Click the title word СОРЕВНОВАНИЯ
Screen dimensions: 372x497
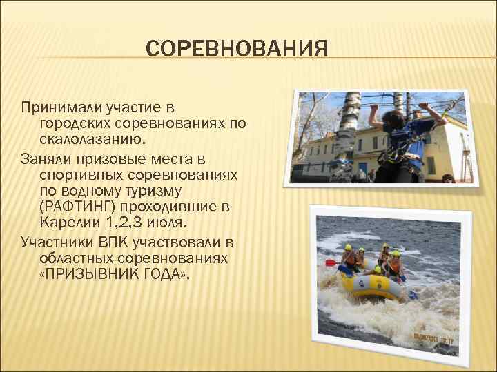(x=237, y=49)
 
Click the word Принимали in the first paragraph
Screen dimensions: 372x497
(x=63, y=107)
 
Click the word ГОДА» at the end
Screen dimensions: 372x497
(x=165, y=273)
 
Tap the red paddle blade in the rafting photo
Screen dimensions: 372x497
(x=331, y=262)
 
